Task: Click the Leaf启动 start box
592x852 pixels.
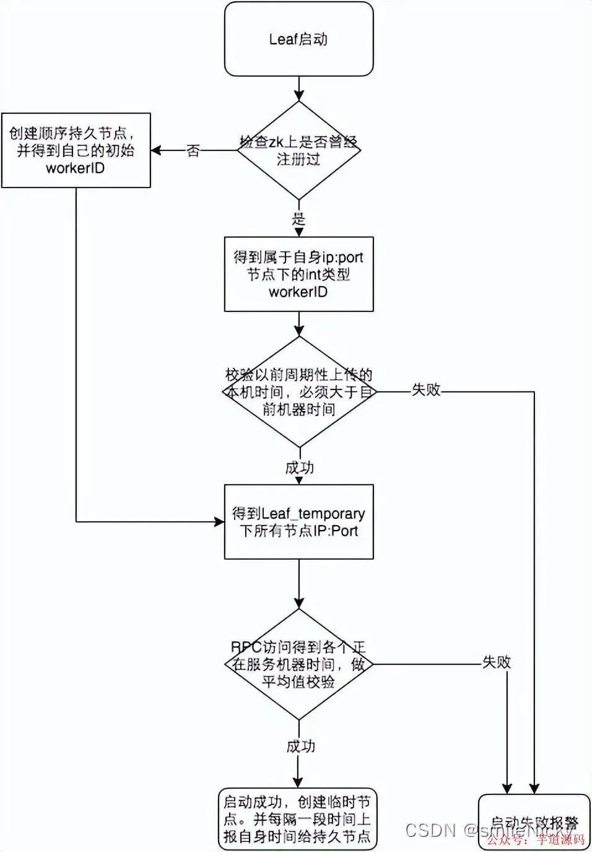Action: coord(298,39)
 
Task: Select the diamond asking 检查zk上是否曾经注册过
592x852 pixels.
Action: coord(299,150)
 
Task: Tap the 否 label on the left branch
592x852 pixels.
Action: coord(193,150)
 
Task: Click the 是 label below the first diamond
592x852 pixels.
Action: coord(299,219)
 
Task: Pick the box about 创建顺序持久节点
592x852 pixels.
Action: coord(76,150)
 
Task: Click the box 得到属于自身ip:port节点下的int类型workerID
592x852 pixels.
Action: coord(298,274)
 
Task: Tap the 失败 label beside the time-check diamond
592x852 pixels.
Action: coord(426,389)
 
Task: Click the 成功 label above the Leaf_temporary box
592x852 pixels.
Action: coord(300,467)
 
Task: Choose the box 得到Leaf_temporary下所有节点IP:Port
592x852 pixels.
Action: coord(298,521)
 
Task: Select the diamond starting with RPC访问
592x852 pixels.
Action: coord(299,664)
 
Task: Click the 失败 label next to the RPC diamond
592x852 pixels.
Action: coord(497,662)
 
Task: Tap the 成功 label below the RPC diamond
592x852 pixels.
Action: coord(301,746)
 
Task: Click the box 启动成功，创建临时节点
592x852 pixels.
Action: coord(297,819)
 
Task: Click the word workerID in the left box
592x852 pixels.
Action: coord(76,168)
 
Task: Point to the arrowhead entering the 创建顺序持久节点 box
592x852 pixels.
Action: coord(156,150)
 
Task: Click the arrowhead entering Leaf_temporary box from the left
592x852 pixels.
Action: coord(219,522)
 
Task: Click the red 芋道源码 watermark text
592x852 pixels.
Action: coord(561,840)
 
